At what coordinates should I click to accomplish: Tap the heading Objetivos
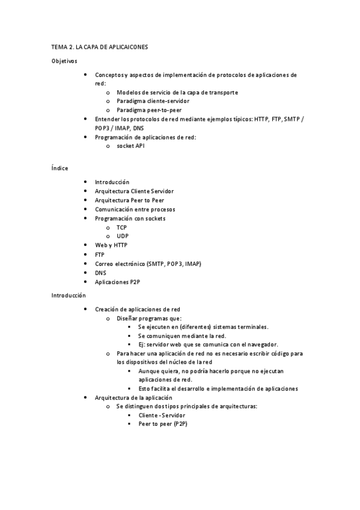pos(64,61)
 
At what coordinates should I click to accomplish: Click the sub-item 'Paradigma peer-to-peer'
pos(149,110)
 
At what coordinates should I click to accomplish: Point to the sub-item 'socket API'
pos(130,146)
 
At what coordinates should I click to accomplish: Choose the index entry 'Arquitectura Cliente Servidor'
pos(134,191)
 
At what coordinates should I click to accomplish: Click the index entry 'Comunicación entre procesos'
pos(135,209)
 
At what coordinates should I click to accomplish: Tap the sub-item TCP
pos(122,227)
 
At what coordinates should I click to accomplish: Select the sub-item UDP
pos(123,236)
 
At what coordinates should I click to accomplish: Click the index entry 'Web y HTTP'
pos(111,245)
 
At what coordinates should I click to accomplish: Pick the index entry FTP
pos(100,254)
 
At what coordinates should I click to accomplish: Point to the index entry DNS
pos(100,272)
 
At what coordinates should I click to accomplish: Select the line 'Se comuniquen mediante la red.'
pos(182,336)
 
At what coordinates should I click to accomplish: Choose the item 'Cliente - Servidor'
pos(162,416)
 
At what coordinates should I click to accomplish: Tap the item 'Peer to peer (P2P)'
pos(163,425)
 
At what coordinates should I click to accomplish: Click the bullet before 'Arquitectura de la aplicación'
pos(87,398)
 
